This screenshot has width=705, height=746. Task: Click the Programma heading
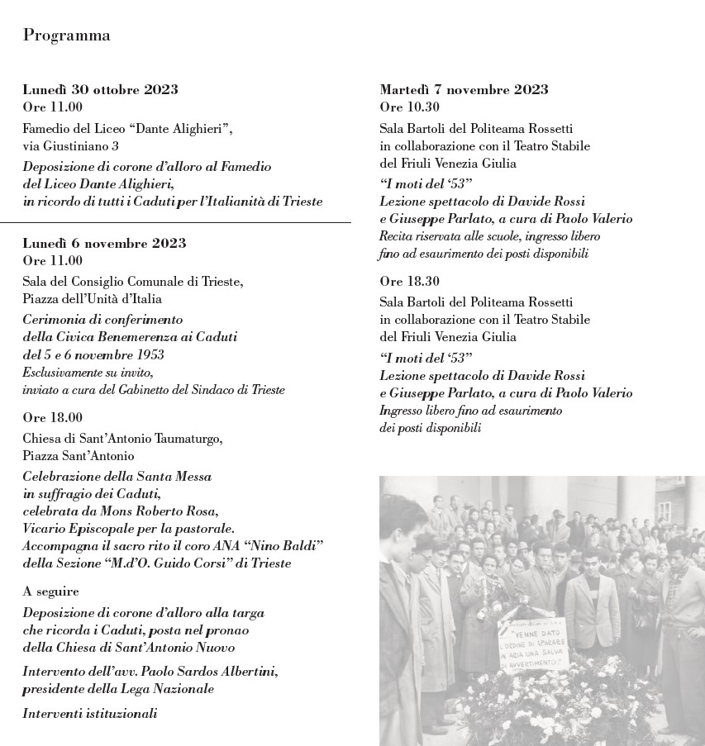point(67,35)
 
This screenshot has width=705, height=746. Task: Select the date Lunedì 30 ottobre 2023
point(100,89)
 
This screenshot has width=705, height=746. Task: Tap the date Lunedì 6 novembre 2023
point(104,243)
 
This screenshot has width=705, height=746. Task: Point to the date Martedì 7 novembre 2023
point(464,89)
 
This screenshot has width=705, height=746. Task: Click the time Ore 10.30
point(410,107)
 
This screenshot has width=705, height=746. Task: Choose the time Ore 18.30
point(410,281)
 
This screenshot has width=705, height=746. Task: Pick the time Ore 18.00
point(53,418)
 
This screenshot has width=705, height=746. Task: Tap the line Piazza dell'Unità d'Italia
point(92,299)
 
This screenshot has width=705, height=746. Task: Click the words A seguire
point(51,592)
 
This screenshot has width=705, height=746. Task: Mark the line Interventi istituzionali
point(90,713)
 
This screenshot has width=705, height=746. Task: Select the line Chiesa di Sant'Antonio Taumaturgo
point(122,438)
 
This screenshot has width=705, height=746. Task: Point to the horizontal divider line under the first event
point(175,223)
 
